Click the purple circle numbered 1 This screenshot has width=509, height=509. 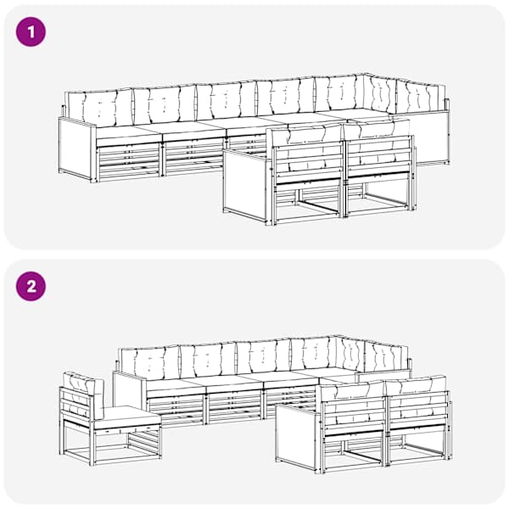(x=31, y=32)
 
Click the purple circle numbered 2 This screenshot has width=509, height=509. (x=31, y=287)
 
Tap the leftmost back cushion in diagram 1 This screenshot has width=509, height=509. (x=99, y=109)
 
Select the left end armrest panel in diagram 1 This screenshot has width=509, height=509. (x=77, y=149)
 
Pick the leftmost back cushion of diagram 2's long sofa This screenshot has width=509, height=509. (x=150, y=363)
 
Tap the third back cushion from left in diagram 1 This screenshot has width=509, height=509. (x=227, y=99)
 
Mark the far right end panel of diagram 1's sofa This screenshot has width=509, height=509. (x=432, y=138)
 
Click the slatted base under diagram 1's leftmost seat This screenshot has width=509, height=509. (x=129, y=161)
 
